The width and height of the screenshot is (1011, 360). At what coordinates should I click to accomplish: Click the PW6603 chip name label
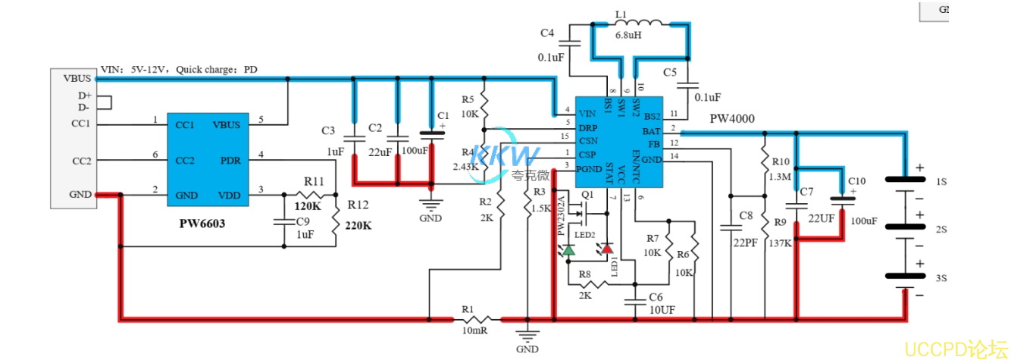[202, 224]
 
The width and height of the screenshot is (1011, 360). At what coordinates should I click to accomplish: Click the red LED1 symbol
[606, 248]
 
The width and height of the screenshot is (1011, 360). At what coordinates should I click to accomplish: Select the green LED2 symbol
[568, 249]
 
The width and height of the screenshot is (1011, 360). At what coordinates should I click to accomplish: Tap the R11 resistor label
[315, 182]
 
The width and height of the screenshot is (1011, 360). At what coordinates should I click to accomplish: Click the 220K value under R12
[359, 225]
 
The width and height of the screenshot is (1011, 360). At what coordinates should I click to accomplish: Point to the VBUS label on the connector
[77, 78]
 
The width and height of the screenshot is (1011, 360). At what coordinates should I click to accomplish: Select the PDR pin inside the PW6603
[230, 161]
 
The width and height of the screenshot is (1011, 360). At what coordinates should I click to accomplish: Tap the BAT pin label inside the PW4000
[651, 131]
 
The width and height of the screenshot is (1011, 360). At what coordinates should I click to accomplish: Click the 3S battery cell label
[941, 279]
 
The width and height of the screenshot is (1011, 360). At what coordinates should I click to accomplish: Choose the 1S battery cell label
[941, 183]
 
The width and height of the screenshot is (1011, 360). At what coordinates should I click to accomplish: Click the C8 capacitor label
[746, 217]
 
